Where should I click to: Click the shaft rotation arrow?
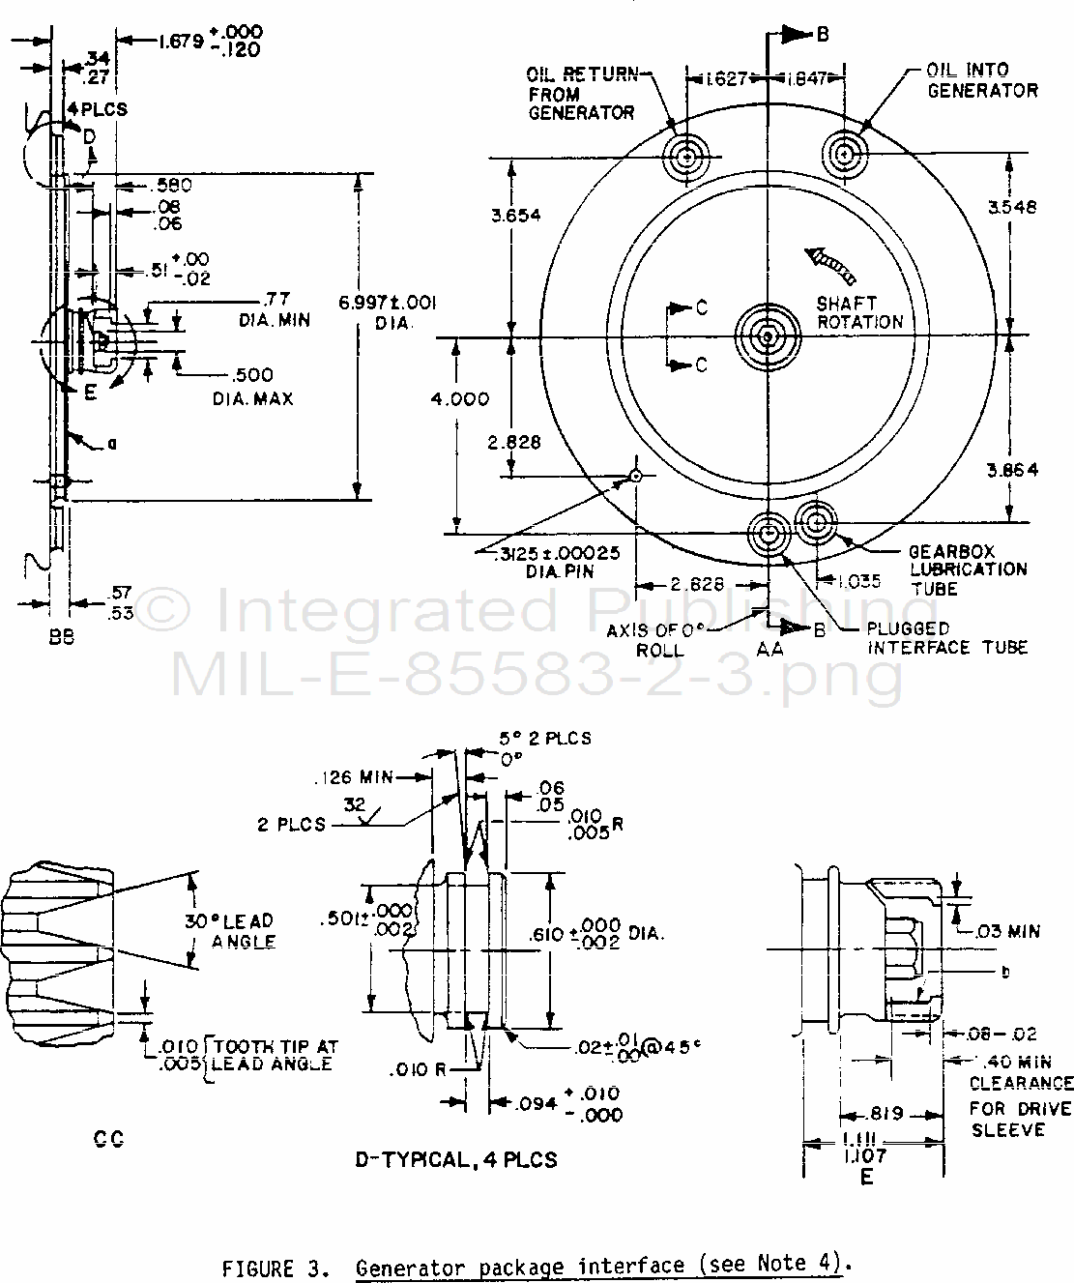tap(828, 261)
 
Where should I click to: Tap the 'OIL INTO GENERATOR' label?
tap(981, 80)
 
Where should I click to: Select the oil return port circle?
tap(686, 155)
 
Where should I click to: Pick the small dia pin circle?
tap(635, 475)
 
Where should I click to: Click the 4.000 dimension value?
tap(460, 398)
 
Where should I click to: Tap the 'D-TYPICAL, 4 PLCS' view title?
tap(456, 1158)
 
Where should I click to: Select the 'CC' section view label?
tap(108, 1139)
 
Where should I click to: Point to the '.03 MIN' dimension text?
tap(1004, 931)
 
